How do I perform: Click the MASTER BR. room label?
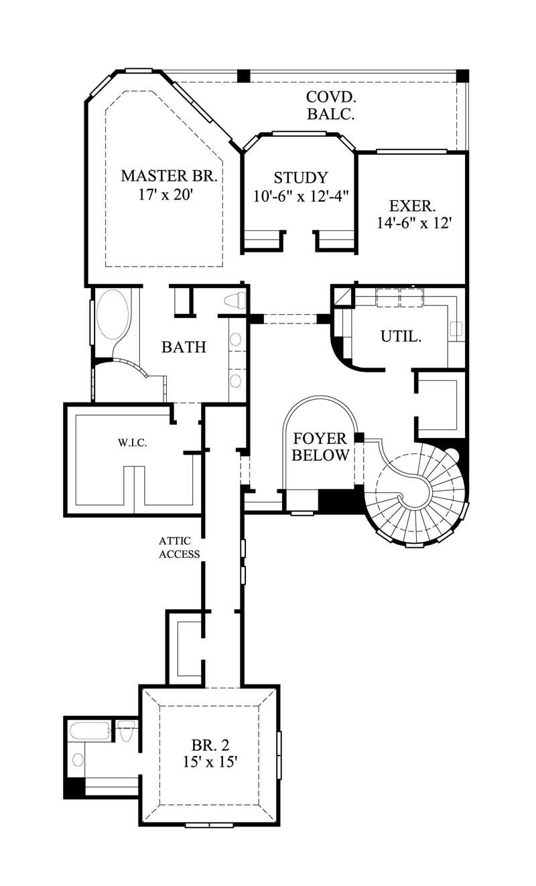pos(168,176)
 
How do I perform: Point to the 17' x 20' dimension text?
pos(168,195)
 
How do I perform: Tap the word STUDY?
pos(301,177)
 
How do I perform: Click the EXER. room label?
pos(412,205)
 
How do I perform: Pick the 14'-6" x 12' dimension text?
pos(410,224)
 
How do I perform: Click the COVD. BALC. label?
pos(330,105)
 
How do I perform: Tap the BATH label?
pos(184,347)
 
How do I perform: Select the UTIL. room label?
pos(401,336)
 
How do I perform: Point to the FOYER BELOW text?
pos(320,447)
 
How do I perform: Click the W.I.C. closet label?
pos(133,443)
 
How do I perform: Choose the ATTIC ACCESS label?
pos(179,546)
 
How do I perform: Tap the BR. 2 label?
pos(209,745)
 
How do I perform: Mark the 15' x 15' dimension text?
pos(209,762)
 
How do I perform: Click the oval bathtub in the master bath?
pos(112,315)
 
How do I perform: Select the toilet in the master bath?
pos(234,301)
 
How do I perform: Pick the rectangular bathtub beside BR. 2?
pos(90,731)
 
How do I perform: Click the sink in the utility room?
pos(456,328)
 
